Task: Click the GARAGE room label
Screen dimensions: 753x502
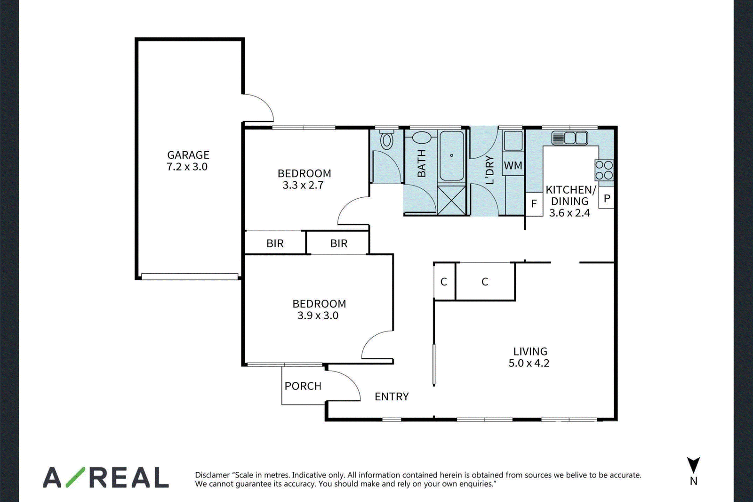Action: tap(188, 155)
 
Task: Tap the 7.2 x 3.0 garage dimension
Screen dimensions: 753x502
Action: tap(187, 167)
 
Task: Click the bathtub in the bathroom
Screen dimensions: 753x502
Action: tap(452, 155)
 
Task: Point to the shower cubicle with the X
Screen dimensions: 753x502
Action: tap(451, 201)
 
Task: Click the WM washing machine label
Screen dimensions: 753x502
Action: tap(513, 166)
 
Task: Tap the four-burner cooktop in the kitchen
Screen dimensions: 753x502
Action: tap(604, 170)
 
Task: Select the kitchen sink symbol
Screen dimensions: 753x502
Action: tap(569, 138)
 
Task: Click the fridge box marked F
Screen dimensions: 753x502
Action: tap(534, 204)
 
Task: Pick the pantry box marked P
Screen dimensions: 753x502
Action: tap(607, 199)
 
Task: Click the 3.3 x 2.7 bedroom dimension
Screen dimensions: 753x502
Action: tap(303, 185)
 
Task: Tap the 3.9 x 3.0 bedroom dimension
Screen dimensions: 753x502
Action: tap(318, 315)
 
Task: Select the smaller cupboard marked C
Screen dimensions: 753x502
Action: tap(444, 281)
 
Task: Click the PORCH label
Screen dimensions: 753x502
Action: tap(303, 386)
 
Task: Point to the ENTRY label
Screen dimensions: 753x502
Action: tap(392, 397)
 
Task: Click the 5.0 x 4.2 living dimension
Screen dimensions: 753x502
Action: tap(529, 363)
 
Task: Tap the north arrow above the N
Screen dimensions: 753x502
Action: tap(693, 465)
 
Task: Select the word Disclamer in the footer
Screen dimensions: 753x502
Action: tap(212, 475)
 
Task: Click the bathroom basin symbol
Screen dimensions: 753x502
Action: tap(422, 138)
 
